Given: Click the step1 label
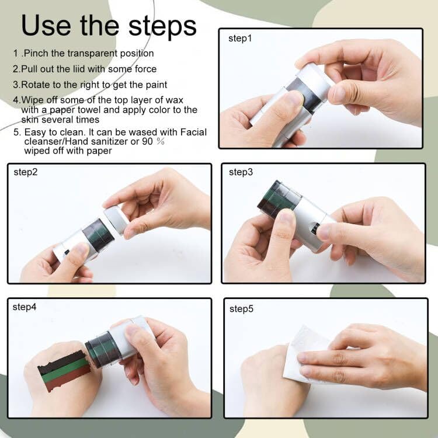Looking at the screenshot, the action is (x=240, y=39).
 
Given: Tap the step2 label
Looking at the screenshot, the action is (x=26, y=172).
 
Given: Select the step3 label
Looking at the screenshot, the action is (x=241, y=172).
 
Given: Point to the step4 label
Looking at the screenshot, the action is (x=25, y=307).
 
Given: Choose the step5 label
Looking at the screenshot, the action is (x=241, y=309).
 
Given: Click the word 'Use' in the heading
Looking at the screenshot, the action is (x=46, y=26).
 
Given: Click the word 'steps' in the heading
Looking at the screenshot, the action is (x=162, y=27).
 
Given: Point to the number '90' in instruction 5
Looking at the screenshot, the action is (x=147, y=141).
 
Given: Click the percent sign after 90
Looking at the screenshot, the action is (x=161, y=141).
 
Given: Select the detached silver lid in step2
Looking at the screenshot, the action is (x=117, y=219).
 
